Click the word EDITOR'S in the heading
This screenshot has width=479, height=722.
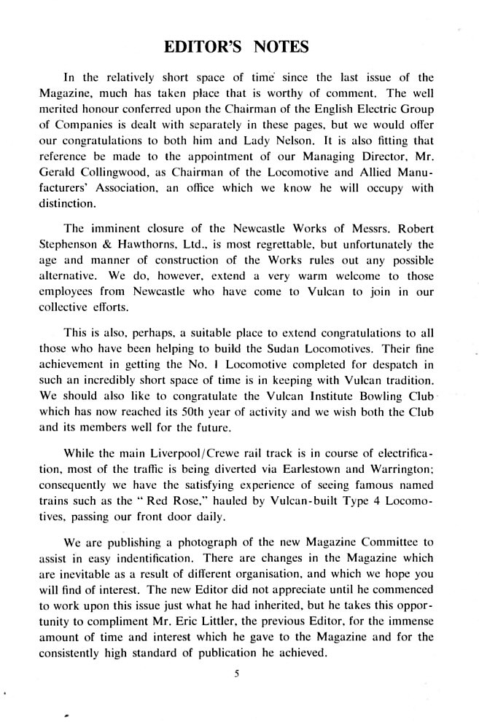point(205,47)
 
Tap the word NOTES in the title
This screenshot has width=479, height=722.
point(279,47)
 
